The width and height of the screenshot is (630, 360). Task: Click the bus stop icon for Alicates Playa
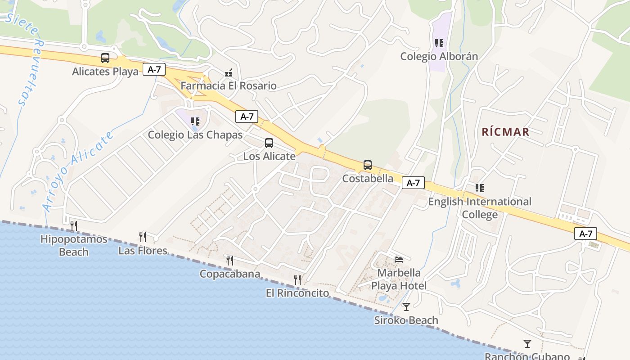(x=105, y=58)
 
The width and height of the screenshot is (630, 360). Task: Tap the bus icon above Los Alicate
(x=269, y=143)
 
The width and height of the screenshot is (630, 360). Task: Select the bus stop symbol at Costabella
(x=368, y=165)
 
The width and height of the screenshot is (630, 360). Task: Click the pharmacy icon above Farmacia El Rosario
(x=229, y=72)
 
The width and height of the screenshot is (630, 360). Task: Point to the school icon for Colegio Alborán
(x=439, y=43)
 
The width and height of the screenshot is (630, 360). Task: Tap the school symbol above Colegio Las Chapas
(x=195, y=121)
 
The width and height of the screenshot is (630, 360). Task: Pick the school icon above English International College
(x=480, y=188)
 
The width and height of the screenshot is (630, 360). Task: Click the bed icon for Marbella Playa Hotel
(x=399, y=259)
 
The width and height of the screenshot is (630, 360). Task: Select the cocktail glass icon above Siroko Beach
(x=406, y=307)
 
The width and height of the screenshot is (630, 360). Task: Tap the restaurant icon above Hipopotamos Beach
(x=74, y=225)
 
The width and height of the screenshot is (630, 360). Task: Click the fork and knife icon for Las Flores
(x=143, y=237)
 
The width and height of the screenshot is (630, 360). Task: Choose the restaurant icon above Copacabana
(x=229, y=260)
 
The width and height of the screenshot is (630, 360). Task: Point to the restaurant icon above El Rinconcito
(x=297, y=280)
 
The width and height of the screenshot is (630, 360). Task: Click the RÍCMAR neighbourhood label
(x=505, y=132)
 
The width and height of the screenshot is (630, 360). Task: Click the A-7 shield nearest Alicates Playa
(x=154, y=69)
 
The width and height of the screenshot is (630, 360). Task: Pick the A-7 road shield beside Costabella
(x=413, y=183)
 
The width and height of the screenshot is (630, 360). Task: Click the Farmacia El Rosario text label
(x=229, y=85)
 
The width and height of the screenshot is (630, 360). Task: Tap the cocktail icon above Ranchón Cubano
(x=527, y=344)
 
